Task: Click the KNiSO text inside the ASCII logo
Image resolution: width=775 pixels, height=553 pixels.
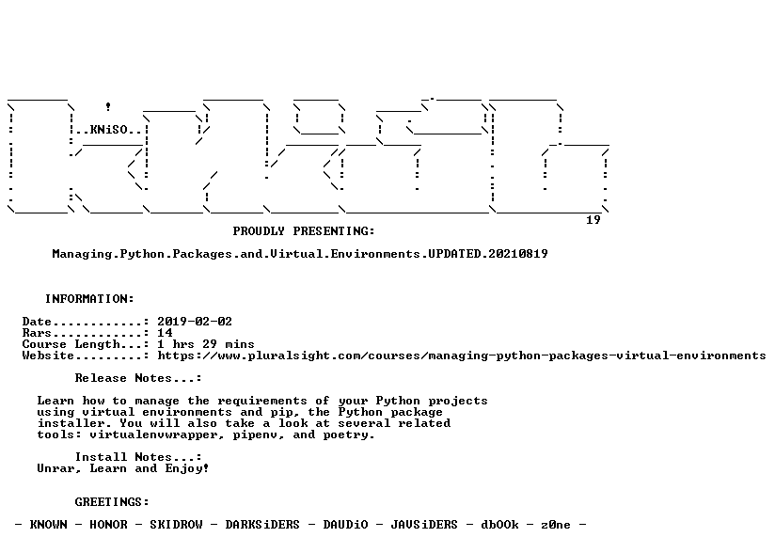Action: [109, 130]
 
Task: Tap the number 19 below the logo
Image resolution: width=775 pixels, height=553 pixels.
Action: [593, 220]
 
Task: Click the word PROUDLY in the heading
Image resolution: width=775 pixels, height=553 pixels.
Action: [259, 231]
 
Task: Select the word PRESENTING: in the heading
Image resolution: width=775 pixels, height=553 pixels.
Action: [334, 231]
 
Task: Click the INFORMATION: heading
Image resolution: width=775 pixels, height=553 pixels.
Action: [89, 299]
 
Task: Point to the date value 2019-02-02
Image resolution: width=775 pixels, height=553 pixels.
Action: [195, 322]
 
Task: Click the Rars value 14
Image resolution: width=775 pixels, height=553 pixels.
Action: [165, 333]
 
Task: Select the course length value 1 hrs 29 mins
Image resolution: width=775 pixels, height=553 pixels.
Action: [206, 344]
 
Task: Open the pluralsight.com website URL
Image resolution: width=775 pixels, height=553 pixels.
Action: [462, 355]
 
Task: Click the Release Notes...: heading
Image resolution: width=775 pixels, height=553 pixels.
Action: [138, 379]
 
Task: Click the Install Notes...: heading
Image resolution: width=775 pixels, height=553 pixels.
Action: [138, 458]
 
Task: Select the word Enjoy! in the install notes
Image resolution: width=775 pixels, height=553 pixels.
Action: [187, 469]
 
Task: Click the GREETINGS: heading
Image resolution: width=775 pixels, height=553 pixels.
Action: [112, 502]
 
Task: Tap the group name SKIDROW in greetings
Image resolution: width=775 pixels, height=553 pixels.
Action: [176, 525]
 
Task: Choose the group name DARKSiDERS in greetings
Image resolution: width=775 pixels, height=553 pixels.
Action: [262, 525]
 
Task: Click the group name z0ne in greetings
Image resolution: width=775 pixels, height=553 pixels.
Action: [556, 525]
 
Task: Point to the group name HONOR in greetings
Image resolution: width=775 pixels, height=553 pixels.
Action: [108, 525]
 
